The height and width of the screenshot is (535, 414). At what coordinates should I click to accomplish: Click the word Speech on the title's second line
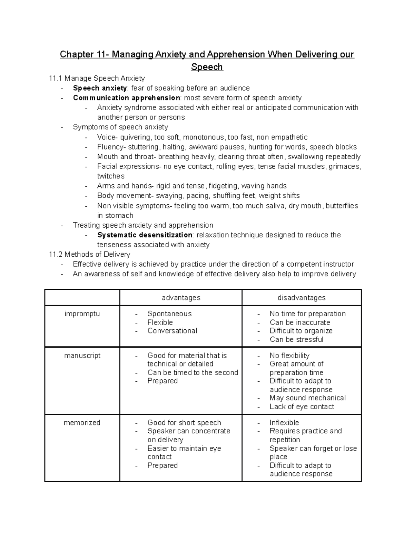pyautogui.click(x=207, y=67)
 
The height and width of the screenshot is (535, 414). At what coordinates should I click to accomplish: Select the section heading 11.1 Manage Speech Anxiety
pyautogui.click(x=97, y=78)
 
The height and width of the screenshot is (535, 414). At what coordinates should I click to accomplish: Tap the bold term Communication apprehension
pyautogui.click(x=126, y=98)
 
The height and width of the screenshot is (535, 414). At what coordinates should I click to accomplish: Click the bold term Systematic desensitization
pyautogui.click(x=145, y=235)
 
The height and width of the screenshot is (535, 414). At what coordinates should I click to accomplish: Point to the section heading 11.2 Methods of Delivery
pyautogui.click(x=90, y=255)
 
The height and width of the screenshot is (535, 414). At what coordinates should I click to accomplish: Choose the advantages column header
pyautogui.click(x=181, y=298)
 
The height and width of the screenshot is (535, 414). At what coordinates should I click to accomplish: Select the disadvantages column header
pyautogui.click(x=302, y=298)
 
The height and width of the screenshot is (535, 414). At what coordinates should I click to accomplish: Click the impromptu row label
pyautogui.click(x=82, y=314)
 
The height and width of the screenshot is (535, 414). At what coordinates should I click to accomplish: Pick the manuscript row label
pyautogui.click(x=82, y=356)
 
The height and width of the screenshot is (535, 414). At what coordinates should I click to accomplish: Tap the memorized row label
pyautogui.click(x=82, y=423)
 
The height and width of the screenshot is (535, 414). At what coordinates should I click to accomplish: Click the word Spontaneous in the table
pyautogui.click(x=169, y=314)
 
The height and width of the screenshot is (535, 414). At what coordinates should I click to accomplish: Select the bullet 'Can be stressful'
pyautogui.click(x=296, y=339)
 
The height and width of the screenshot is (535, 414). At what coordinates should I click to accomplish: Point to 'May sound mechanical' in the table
pyautogui.click(x=307, y=398)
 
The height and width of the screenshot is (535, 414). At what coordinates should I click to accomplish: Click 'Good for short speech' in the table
pyautogui.click(x=184, y=423)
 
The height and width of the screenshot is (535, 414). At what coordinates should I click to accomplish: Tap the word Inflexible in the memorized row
pyautogui.click(x=284, y=423)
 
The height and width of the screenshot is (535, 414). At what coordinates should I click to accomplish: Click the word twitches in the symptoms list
pyautogui.click(x=111, y=176)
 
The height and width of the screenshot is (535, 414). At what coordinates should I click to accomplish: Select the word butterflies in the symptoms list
pyautogui.click(x=342, y=206)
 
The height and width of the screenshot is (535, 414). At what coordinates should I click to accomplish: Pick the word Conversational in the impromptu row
pyautogui.click(x=172, y=331)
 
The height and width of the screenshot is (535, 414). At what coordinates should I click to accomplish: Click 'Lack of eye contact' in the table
pyautogui.click(x=302, y=407)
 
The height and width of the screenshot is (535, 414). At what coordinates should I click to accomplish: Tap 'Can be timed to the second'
pyautogui.click(x=193, y=372)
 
